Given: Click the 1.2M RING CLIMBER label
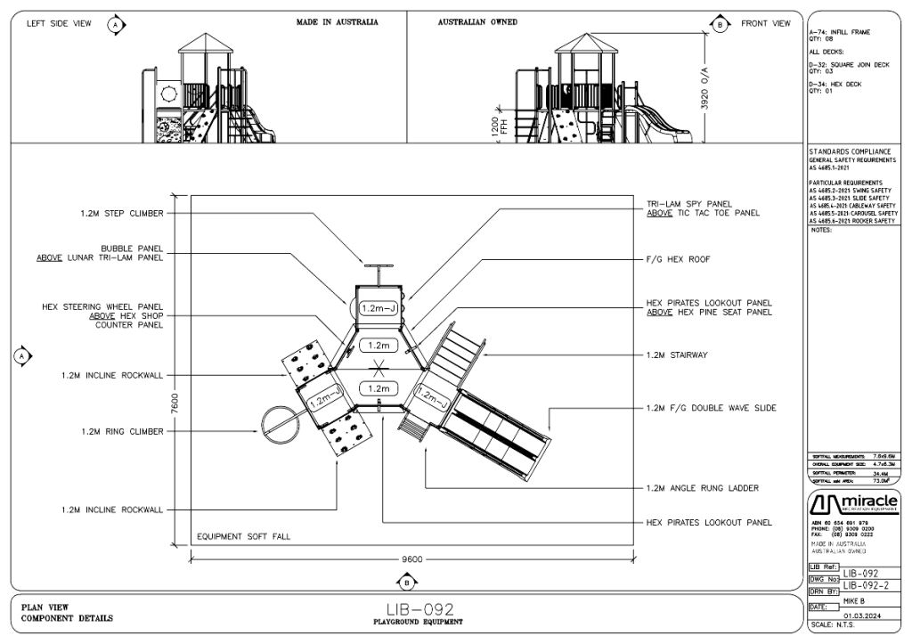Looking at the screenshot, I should (x=122, y=431).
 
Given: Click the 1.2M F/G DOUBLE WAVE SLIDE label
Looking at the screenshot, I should (x=711, y=408).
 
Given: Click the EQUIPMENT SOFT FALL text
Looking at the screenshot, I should (x=244, y=537).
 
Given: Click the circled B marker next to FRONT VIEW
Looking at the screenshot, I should (x=720, y=23).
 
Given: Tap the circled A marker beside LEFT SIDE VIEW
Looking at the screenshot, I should (x=115, y=24).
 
